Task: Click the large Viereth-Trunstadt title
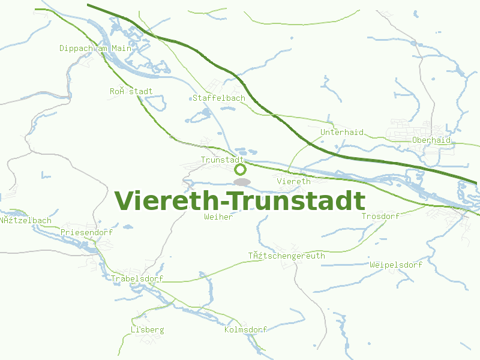pos(239,201)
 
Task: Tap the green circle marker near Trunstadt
pos(240,170)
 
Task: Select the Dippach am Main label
pos(95,48)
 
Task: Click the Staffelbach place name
pos(218,98)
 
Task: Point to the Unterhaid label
pos(342,132)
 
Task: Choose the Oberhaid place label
pos(431,140)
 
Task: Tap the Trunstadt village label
pos(222,160)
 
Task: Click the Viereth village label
pos(294,181)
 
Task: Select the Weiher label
pos(218,217)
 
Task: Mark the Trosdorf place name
pos(380,216)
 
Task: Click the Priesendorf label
pos(86,232)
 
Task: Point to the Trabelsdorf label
pos(137,278)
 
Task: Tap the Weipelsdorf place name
pos(396,265)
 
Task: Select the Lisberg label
pos(147,329)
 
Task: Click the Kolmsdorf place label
pos(245,330)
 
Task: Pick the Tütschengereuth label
pos(287,256)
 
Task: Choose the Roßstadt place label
pos(131,91)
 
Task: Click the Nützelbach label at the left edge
pos(26,220)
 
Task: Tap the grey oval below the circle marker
pos(241,182)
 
